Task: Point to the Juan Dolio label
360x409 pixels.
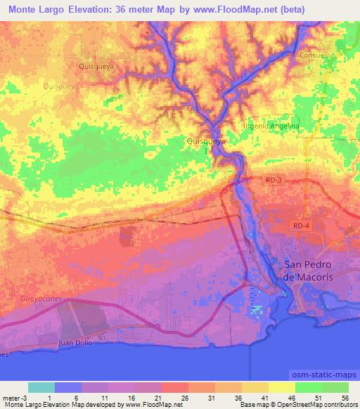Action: [x=77, y=342]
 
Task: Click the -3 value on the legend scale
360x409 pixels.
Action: [x=24, y=398]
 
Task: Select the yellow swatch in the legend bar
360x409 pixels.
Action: [x=281, y=387]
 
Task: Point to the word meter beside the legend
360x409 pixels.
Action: [x=11, y=398]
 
